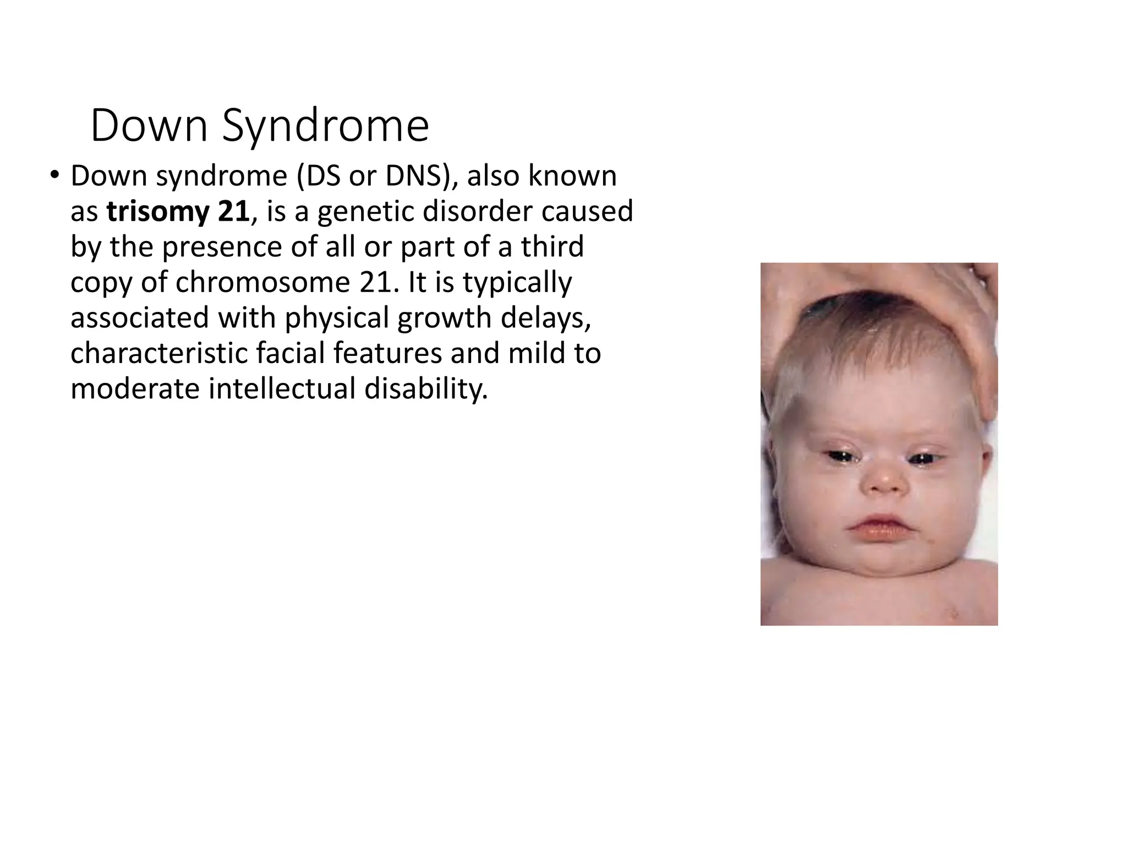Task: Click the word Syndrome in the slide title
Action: coord(325,127)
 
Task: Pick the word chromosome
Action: coord(263,283)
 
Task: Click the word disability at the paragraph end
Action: coord(426,389)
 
